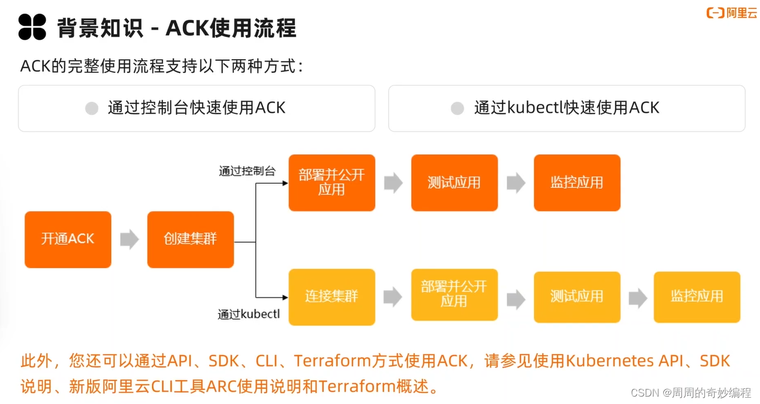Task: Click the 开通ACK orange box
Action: point(68,239)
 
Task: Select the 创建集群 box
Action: point(190,239)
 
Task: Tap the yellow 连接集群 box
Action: point(331,297)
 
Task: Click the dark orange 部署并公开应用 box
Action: point(331,182)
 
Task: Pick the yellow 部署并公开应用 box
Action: point(454,294)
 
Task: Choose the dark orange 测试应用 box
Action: point(454,182)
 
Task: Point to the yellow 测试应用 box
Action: point(576,297)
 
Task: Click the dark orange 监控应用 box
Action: point(576,182)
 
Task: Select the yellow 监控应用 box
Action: point(697,297)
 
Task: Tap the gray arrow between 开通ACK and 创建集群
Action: point(129,239)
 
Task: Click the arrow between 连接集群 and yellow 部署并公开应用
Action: point(393,297)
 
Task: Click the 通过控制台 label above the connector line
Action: point(247,171)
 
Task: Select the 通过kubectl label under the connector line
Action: point(248,314)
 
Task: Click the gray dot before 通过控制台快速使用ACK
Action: point(92,108)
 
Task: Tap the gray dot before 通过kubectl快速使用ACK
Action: point(457,108)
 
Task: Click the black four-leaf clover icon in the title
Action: point(32,27)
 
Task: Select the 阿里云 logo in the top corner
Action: point(732,13)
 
